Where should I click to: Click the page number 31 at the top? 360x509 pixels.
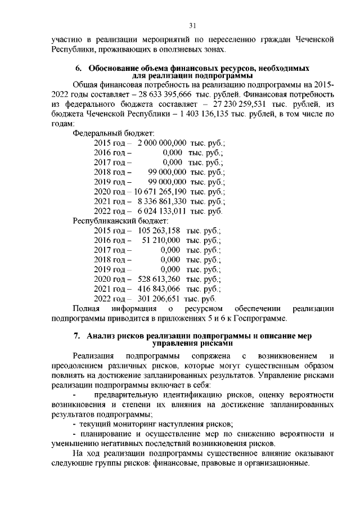[192, 25]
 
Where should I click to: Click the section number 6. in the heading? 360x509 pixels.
[79, 68]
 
